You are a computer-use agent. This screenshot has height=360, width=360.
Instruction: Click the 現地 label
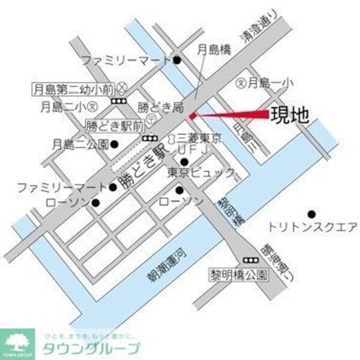(x=290, y=114)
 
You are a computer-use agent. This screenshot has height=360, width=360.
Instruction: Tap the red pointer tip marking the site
(x=191, y=115)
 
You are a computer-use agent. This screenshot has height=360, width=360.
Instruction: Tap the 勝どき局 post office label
(x=160, y=107)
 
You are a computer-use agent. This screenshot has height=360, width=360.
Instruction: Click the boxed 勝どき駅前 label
(x=115, y=127)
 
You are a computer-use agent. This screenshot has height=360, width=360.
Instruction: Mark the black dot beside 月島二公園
(x=114, y=143)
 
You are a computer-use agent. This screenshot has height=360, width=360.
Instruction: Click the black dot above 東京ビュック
(x=184, y=162)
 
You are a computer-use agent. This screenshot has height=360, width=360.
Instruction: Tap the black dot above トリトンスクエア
(x=311, y=214)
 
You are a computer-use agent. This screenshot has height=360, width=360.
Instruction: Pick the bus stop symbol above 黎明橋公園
(x=249, y=260)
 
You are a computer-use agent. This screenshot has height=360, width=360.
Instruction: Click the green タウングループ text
(x=91, y=348)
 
